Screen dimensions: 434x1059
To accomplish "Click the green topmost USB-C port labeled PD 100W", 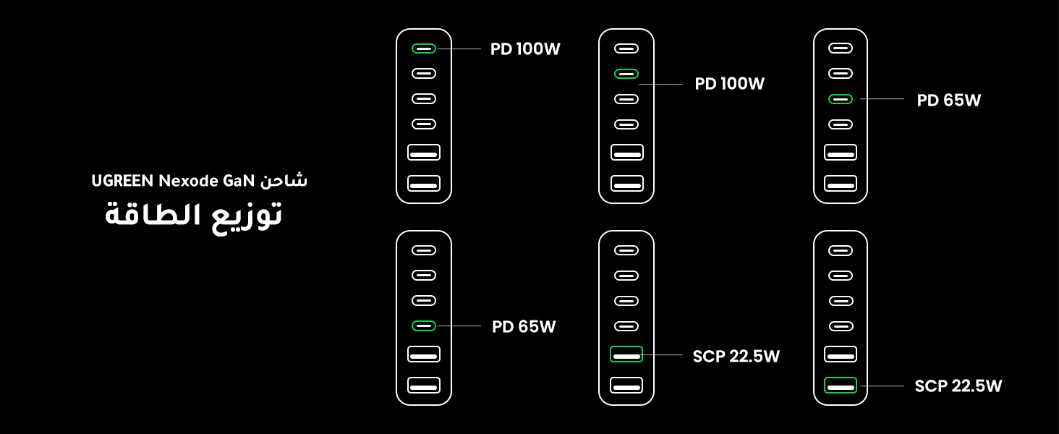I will [424, 48].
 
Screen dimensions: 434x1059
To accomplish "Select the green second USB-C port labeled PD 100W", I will [626, 74].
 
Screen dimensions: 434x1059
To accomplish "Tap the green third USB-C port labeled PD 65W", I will [841, 99].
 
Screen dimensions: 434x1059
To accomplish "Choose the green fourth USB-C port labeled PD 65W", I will [424, 326].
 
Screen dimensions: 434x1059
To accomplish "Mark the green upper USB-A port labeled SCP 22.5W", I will [626, 354].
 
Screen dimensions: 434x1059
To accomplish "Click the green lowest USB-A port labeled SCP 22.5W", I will [841, 386].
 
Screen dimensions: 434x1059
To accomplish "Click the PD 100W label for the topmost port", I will [525, 49].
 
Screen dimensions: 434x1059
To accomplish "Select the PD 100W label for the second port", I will [729, 84].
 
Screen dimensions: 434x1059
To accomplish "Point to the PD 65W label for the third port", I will [948, 101].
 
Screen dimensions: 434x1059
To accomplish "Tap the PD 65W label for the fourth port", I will [524, 327].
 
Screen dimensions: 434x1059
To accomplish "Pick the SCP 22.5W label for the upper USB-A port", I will [736, 356].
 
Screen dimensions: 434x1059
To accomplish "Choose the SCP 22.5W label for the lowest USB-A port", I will [958, 386].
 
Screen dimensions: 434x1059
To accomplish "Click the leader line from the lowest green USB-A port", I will [880, 386].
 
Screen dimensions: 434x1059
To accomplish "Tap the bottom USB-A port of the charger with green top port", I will [424, 184].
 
